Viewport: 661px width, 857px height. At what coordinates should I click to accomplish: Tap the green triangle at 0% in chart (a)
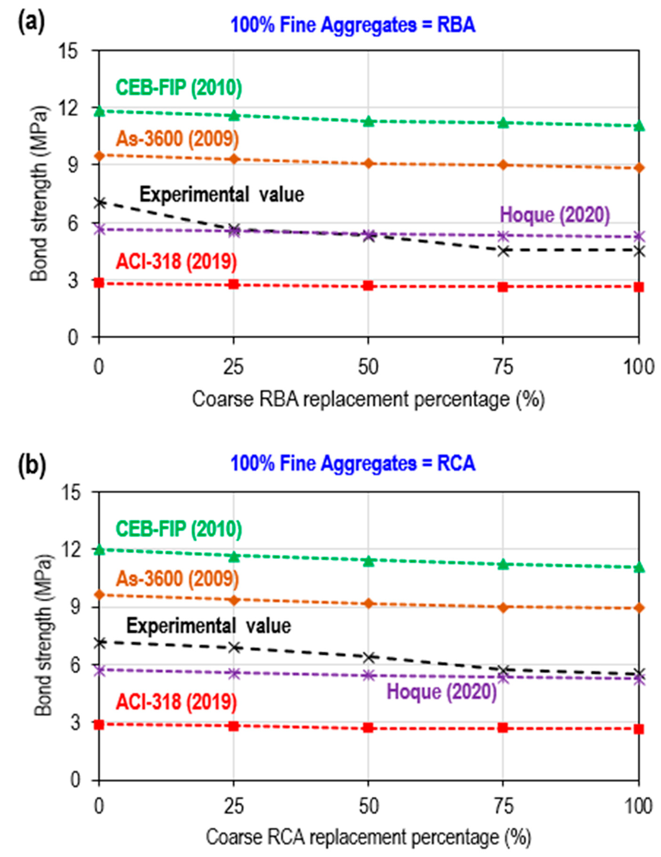point(99,111)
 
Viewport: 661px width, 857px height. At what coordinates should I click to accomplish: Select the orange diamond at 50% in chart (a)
point(368,163)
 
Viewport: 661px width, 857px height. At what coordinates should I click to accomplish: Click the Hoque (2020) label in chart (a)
point(555,215)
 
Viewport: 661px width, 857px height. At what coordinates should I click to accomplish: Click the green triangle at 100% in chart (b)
point(639,567)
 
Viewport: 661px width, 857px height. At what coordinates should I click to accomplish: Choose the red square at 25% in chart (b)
point(234,726)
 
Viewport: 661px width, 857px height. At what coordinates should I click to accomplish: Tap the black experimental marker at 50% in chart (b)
point(368,657)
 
